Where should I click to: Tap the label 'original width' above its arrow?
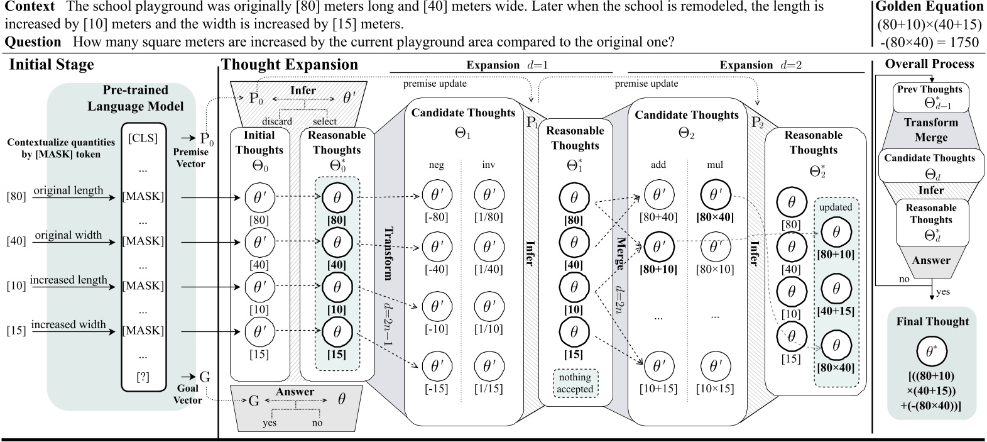point(68,235)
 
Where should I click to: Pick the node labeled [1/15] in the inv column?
point(488,365)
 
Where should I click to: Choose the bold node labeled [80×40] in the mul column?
point(715,195)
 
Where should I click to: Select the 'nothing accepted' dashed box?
point(575,383)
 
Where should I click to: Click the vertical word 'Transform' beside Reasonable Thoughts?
point(388,253)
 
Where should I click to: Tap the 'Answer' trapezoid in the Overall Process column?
point(931,260)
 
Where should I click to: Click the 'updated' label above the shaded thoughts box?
point(836,207)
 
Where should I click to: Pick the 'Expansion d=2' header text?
point(760,65)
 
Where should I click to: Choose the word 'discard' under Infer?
point(276,121)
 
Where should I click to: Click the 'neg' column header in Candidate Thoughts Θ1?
point(436,165)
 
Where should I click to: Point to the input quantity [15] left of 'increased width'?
point(16,330)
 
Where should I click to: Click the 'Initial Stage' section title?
point(52,65)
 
